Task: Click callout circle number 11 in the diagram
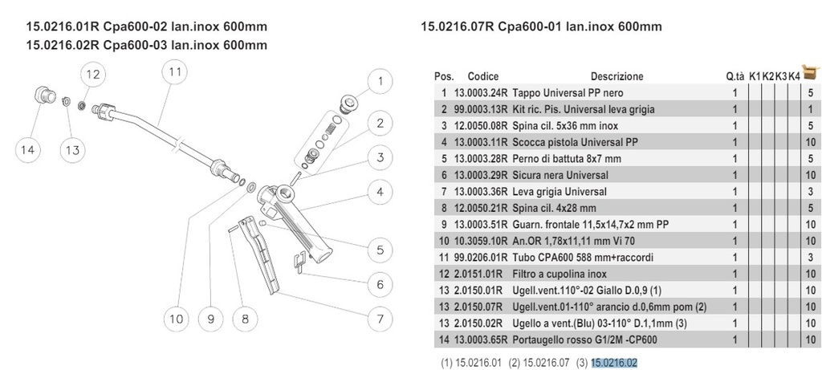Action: click(175, 71)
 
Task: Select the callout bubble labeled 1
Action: click(381, 80)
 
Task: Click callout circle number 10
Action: click(176, 319)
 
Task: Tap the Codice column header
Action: click(483, 76)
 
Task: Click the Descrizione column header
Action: click(616, 76)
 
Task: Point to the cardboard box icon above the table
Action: click(811, 68)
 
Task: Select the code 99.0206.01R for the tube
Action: click(480, 257)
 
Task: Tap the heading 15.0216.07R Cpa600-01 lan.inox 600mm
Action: click(541, 26)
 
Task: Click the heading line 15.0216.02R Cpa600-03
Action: click(147, 45)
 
